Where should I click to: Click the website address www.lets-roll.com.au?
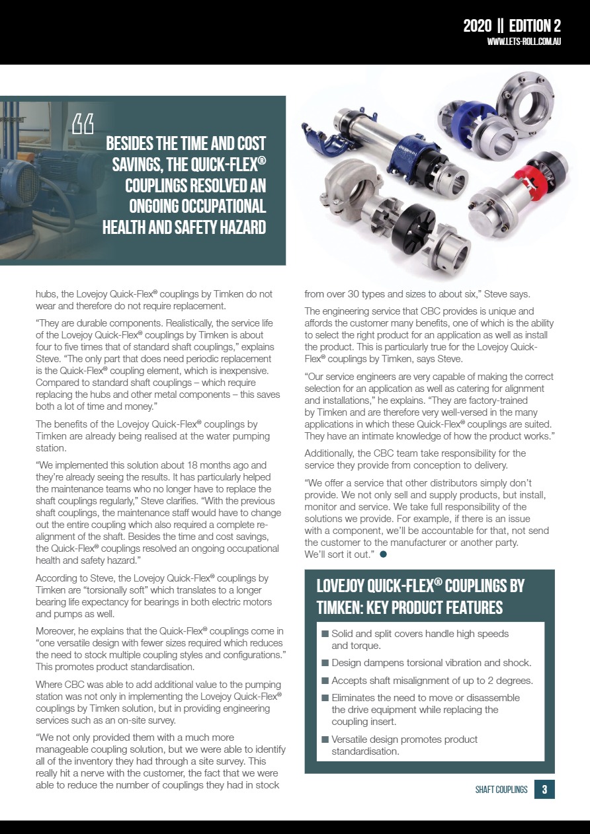(x=524, y=42)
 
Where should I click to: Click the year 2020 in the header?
(x=477, y=26)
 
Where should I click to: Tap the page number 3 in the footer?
(x=544, y=789)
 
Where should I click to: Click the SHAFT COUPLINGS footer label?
(x=501, y=790)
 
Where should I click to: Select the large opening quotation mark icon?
(x=83, y=124)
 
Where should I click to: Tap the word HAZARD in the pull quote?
(x=233, y=227)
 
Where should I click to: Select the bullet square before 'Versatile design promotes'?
(x=325, y=739)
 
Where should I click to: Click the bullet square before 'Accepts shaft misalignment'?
(x=325, y=681)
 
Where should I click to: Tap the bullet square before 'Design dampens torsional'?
(x=325, y=663)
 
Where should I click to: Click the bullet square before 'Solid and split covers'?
(x=325, y=634)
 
